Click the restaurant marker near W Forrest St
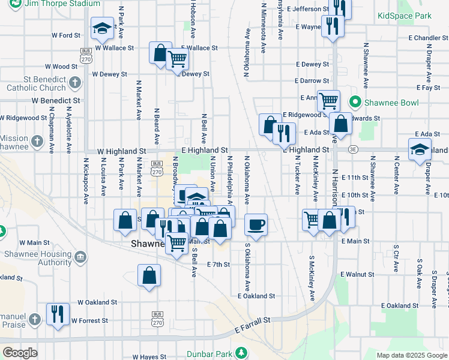click(x=58, y=314)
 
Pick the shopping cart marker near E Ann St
click(x=328, y=101)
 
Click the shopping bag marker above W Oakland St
click(x=149, y=277)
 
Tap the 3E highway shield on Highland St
click(x=354, y=149)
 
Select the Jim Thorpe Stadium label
click(x=70, y=4)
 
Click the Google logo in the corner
click(x=20, y=353)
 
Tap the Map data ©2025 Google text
click(x=412, y=355)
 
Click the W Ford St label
click(x=65, y=36)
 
